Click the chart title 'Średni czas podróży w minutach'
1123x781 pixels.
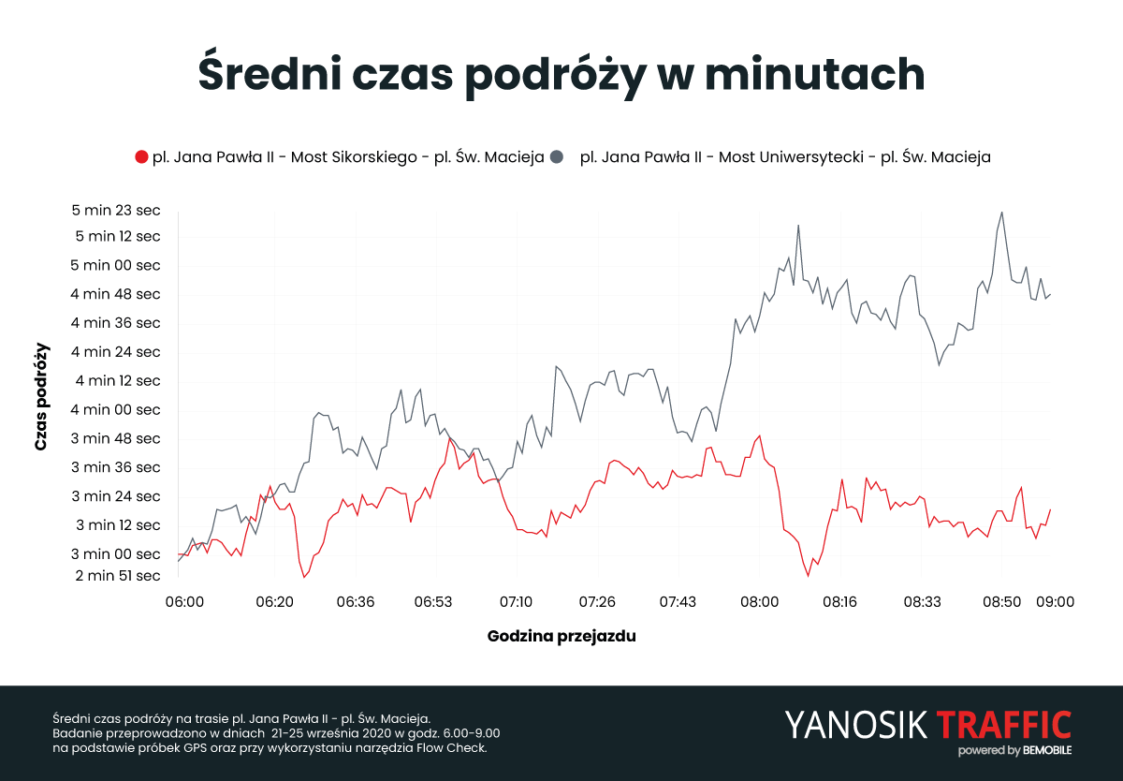(561, 75)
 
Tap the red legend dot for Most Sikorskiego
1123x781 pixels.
(141, 157)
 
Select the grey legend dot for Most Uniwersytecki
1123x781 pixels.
(557, 157)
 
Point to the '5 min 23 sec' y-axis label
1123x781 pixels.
(116, 210)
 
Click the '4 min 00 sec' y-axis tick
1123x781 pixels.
(116, 409)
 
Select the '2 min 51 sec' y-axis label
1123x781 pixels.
(116, 575)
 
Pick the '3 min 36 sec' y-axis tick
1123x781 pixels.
(116, 467)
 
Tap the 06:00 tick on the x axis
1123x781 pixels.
(185, 601)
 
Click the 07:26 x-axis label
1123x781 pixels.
(597, 601)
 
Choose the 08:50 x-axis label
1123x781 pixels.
(1001, 601)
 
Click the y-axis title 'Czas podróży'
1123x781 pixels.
(41, 397)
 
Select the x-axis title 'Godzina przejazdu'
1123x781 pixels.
(561, 637)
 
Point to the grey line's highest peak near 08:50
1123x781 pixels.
(1001, 213)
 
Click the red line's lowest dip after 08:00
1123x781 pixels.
(807, 575)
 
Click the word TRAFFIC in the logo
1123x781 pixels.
(1003, 724)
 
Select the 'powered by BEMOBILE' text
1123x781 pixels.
(1014, 751)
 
